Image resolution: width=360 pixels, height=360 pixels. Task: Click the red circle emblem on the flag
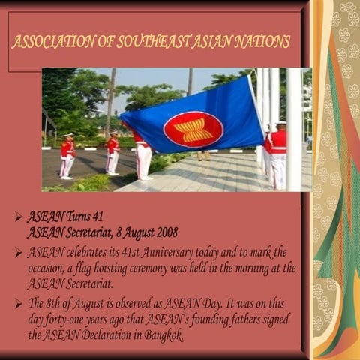pyautogui.click(x=193, y=128)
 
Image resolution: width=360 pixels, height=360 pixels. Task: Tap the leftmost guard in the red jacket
pyautogui.click(x=67, y=155)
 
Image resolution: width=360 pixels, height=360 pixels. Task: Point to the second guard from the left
pyautogui.click(x=112, y=152)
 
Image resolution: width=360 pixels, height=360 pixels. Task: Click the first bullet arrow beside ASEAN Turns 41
pyautogui.click(x=18, y=217)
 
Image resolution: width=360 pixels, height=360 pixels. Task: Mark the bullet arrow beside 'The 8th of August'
pyautogui.click(x=18, y=304)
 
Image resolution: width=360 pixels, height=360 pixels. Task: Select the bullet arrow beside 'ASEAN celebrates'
pyautogui.click(x=18, y=252)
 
